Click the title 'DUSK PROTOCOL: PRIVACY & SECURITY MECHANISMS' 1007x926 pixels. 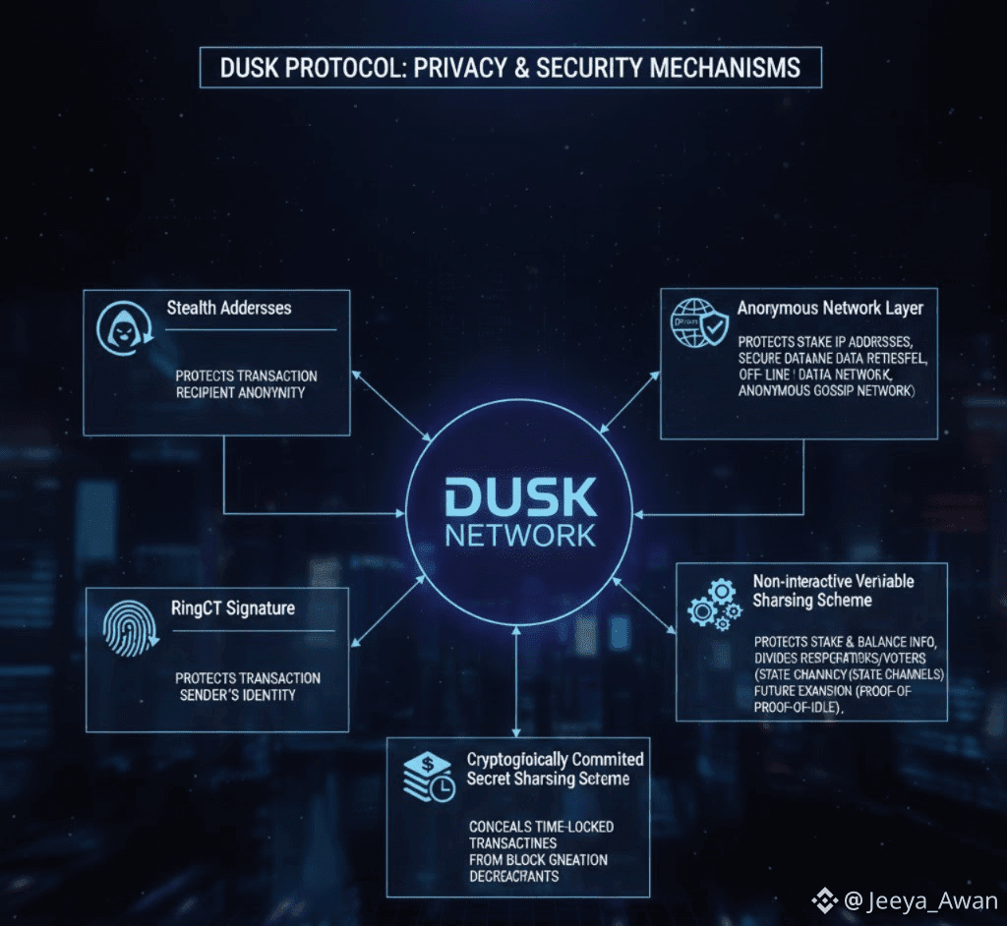tap(508, 68)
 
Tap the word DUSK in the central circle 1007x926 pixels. tap(520, 498)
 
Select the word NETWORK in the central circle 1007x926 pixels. tap(520, 536)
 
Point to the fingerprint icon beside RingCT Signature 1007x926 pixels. tap(129, 627)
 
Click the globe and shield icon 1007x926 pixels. tap(698, 322)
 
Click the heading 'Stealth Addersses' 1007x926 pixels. tap(229, 308)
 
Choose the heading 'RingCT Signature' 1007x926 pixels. tap(232, 608)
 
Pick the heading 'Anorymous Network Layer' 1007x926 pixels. tap(830, 309)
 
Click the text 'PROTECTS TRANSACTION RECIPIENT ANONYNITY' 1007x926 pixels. tap(246, 384)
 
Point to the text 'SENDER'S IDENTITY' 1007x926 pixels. tap(238, 695)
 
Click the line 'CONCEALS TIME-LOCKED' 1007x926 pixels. tap(534, 827)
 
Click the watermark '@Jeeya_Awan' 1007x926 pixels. tap(918, 900)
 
